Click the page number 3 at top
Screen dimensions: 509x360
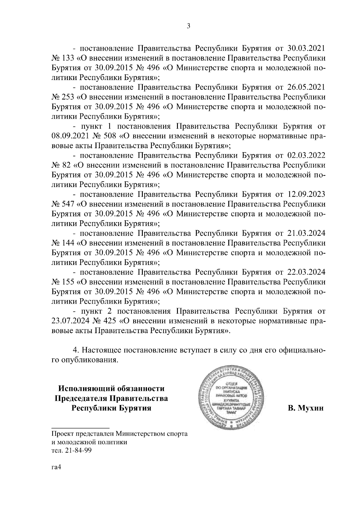pyautogui.click(x=188, y=26)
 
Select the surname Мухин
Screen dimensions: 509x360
pyautogui.click(x=311, y=408)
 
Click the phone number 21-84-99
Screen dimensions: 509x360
pyautogui.click(x=76, y=450)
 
